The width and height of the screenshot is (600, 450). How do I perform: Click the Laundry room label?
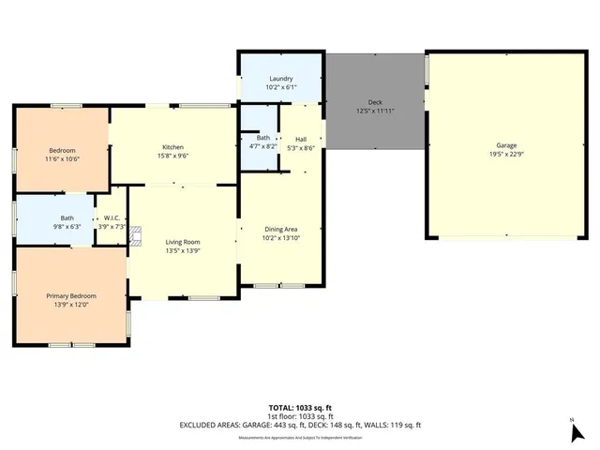point(281,79)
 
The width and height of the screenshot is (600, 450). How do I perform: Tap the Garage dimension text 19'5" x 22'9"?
point(505,155)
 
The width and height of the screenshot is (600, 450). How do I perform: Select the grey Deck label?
point(375,102)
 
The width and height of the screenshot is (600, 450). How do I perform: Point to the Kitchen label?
point(172,147)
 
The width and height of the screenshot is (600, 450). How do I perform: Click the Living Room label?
point(182,242)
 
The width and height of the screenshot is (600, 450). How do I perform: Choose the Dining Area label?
point(281,229)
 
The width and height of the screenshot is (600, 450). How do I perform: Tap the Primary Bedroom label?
point(72,295)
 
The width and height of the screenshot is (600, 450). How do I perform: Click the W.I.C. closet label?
point(112,217)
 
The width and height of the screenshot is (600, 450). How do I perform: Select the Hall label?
point(301,139)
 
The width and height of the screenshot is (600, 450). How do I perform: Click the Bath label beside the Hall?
point(263,138)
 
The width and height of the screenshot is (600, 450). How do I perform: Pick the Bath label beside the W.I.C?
point(54,217)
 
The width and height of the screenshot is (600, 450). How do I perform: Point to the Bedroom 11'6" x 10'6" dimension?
point(63,159)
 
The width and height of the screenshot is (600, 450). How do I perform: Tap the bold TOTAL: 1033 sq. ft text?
point(301,408)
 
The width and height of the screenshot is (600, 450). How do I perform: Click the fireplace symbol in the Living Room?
point(134,235)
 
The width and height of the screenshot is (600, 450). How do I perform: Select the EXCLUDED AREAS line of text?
point(301,425)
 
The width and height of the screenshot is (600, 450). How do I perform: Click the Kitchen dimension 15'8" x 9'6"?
point(172,157)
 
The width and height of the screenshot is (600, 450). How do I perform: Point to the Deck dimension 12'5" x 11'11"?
point(375,111)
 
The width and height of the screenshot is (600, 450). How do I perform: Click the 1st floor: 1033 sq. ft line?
point(301,416)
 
